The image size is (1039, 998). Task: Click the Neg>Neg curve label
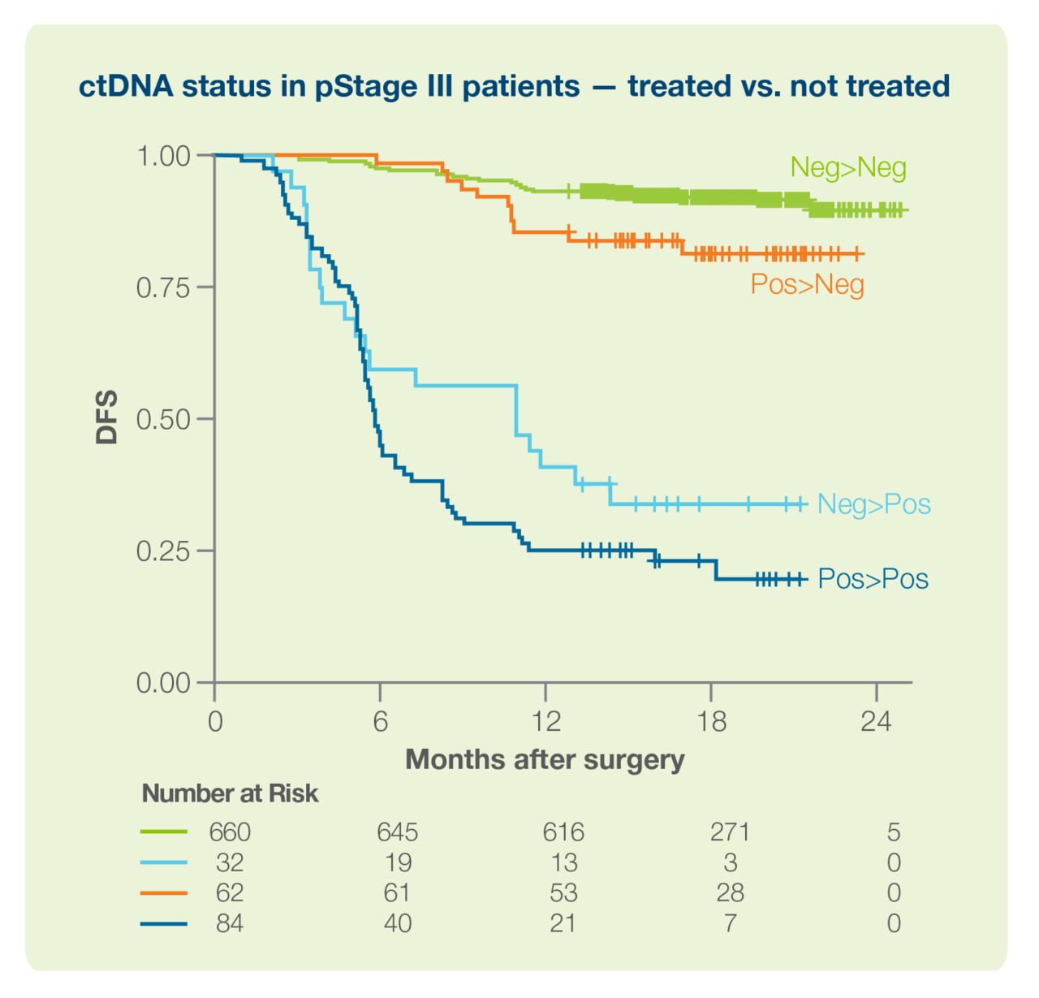coord(848,168)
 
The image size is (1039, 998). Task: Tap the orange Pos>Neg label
coord(807,284)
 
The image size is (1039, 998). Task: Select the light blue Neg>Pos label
coord(873,504)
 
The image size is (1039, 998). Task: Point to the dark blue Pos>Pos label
coord(873,579)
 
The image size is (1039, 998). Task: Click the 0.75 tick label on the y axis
coord(163,287)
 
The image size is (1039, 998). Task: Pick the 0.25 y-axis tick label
coord(163,551)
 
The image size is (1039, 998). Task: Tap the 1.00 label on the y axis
coord(163,156)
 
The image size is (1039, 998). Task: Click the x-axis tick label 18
coord(711,721)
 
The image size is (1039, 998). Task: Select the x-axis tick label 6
coord(380,721)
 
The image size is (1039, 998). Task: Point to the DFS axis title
coord(107,417)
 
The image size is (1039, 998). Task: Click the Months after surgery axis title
coord(545,760)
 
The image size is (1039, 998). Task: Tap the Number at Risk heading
coord(230,793)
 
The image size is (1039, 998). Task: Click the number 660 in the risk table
coord(230,832)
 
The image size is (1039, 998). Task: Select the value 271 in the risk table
coord(730,832)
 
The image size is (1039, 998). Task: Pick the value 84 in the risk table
coord(230,923)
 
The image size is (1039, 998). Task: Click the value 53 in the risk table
coord(563,893)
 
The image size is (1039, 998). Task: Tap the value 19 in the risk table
coord(398,862)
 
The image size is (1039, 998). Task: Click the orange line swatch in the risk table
coord(164,893)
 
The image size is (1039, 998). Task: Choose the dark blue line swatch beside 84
coord(164,923)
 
